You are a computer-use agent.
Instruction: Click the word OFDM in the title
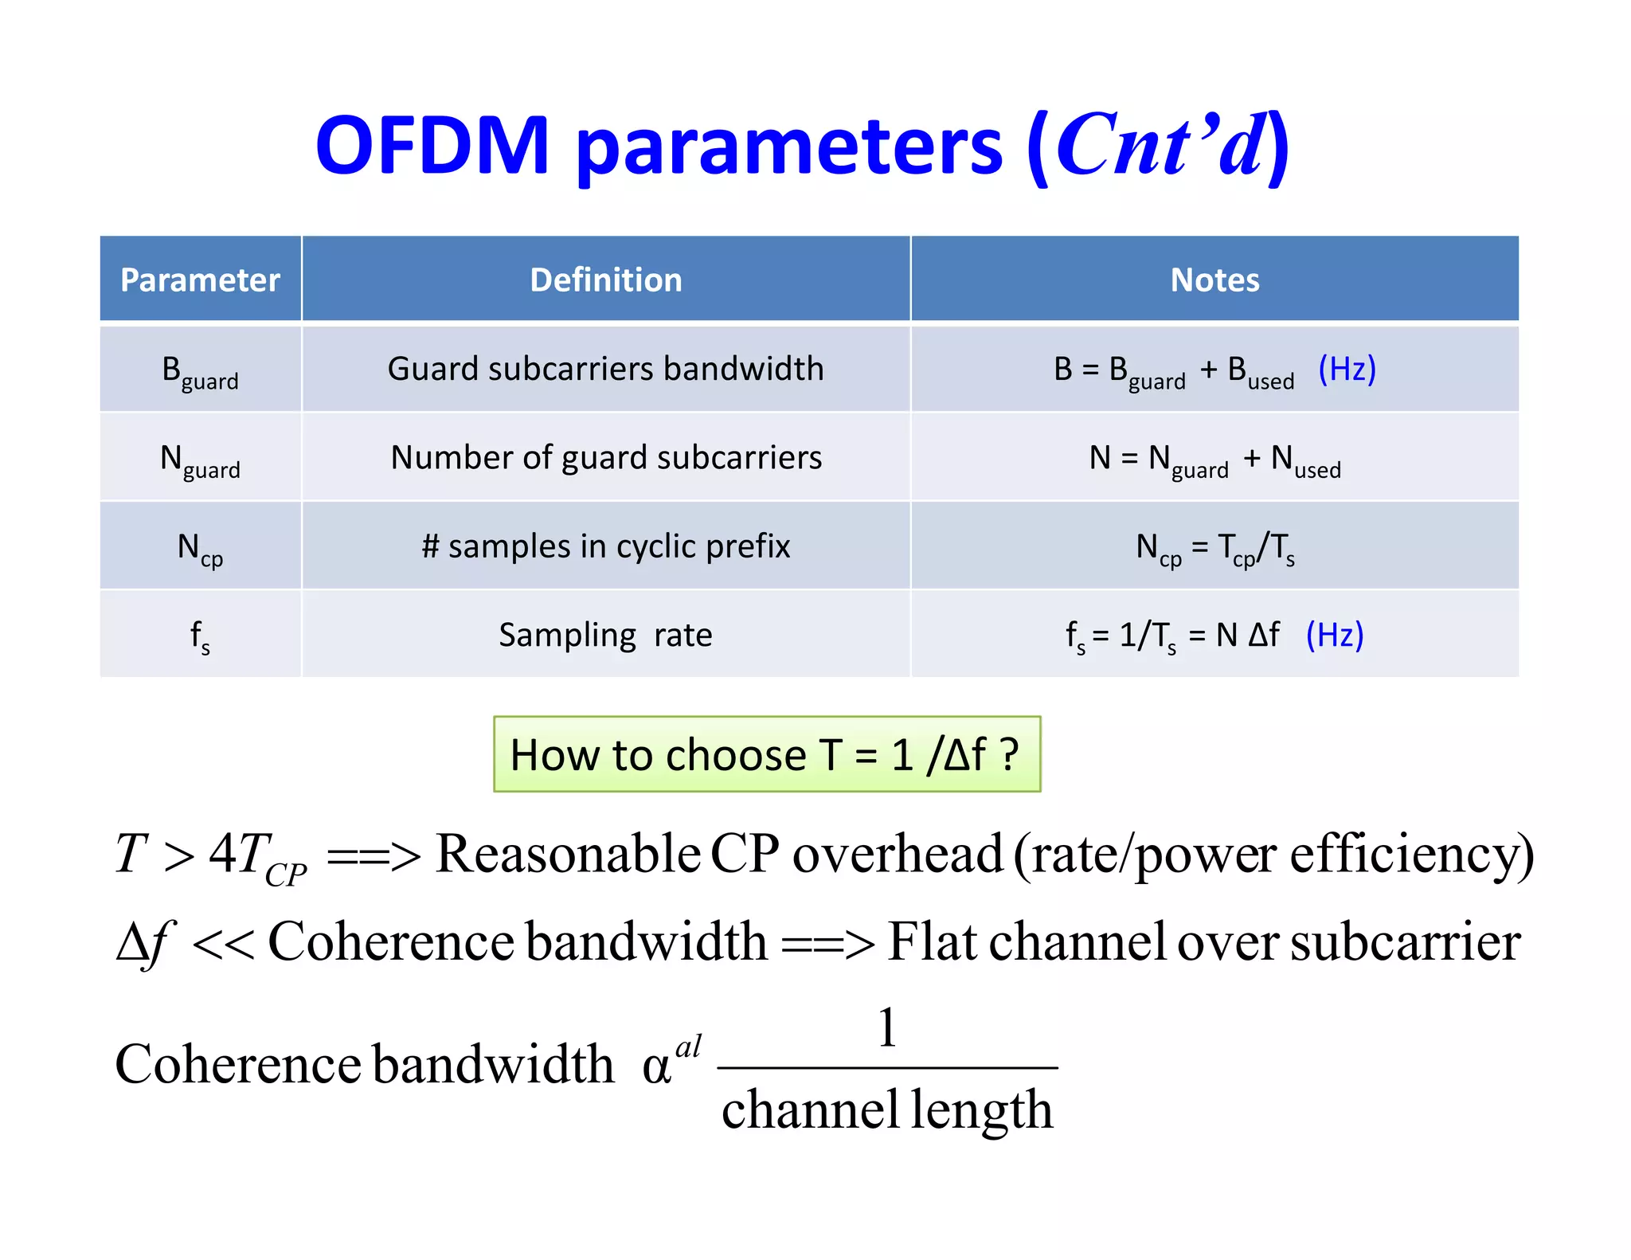[432, 146]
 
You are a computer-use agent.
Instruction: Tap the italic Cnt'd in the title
[1159, 146]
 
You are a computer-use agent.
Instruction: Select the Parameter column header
[200, 280]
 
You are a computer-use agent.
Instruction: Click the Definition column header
[606, 280]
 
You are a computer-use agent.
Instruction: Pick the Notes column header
[1214, 280]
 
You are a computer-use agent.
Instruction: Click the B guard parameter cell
[200, 371]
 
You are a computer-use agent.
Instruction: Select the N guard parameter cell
[200, 460]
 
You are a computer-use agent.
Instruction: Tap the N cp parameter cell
[200, 548]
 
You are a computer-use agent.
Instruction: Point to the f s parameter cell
[200, 636]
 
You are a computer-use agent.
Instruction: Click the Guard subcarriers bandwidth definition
[606, 370]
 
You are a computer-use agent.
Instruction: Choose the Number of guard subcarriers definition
[606, 458]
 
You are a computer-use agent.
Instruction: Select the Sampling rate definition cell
[606, 636]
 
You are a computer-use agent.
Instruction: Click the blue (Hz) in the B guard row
[1347, 370]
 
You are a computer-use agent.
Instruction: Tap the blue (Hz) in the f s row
[1335, 636]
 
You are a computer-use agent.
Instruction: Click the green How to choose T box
[766, 754]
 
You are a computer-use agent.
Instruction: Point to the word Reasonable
[568, 854]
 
